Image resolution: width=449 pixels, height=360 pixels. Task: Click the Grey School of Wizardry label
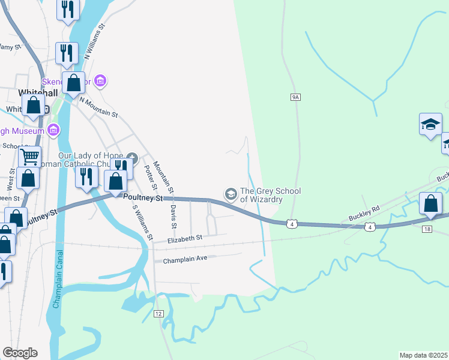(x=270, y=196)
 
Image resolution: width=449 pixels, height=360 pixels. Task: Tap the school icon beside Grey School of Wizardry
(x=231, y=194)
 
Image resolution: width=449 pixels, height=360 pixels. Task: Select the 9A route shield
(x=295, y=97)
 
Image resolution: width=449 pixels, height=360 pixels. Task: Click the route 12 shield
(x=158, y=314)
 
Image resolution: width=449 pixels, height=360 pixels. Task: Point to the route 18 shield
(x=427, y=229)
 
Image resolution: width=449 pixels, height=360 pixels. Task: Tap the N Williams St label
(x=95, y=43)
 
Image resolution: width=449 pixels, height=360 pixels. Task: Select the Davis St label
(x=173, y=215)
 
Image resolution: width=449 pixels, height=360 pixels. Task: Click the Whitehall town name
(x=37, y=92)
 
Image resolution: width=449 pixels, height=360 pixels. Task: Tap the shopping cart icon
(x=29, y=157)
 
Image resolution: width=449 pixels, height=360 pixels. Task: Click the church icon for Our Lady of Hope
(x=133, y=158)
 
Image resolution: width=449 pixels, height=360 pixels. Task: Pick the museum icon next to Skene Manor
(x=100, y=81)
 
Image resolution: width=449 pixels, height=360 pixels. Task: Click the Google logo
(x=20, y=353)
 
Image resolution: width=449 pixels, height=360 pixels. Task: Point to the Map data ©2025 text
(x=424, y=355)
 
